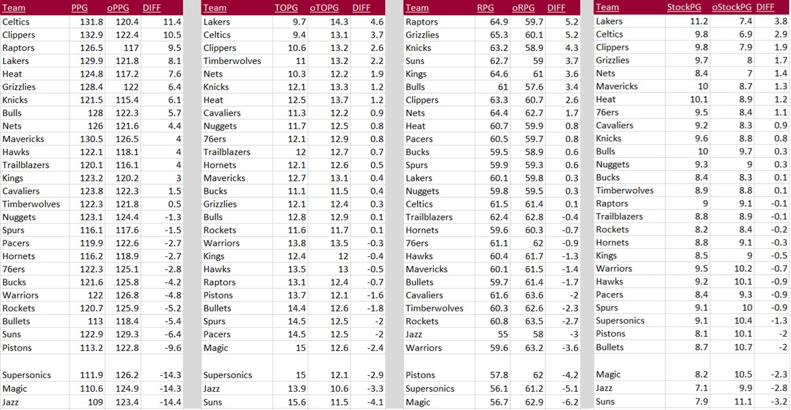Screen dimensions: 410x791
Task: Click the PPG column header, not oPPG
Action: [80, 8]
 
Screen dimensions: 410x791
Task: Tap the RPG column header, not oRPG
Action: [485, 8]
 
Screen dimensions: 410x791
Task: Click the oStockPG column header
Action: [731, 7]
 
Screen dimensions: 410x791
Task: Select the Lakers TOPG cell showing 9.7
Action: [299, 22]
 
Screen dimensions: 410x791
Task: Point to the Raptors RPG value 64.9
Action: [499, 22]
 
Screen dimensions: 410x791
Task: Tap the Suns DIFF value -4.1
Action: [376, 402]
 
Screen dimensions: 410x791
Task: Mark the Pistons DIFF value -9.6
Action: [171, 347]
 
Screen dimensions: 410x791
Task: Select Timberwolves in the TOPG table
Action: [232, 61]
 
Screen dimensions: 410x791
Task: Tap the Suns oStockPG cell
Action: [741, 401]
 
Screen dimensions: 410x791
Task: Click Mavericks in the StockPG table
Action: [617, 86]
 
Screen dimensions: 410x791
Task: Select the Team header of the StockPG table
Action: [607, 7]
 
